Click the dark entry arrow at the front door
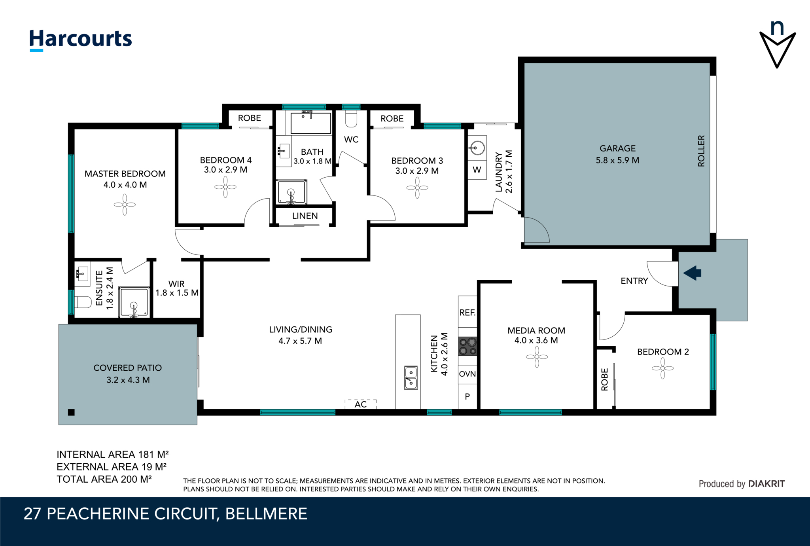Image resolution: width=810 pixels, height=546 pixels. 692,273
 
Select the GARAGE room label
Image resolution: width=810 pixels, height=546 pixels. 617,148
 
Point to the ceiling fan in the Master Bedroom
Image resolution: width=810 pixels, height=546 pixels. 125,205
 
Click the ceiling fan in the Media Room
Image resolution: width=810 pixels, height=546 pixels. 537,357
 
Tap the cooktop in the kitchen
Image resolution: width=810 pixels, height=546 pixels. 467,346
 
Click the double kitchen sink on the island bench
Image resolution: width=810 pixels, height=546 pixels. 411,377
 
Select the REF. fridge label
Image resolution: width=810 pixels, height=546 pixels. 467,313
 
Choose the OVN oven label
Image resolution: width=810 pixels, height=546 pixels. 467,374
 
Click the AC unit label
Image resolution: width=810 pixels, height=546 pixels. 361,404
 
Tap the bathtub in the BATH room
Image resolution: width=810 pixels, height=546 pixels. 311,123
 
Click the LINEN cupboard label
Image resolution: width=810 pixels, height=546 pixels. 305,216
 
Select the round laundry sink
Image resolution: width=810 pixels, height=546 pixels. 477,148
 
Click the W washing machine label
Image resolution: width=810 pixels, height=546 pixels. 477,170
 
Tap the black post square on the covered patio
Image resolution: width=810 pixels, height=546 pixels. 71,412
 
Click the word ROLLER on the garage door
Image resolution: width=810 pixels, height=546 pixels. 701,151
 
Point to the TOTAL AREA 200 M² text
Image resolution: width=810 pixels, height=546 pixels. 104,479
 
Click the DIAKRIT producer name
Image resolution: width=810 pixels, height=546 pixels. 766,484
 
